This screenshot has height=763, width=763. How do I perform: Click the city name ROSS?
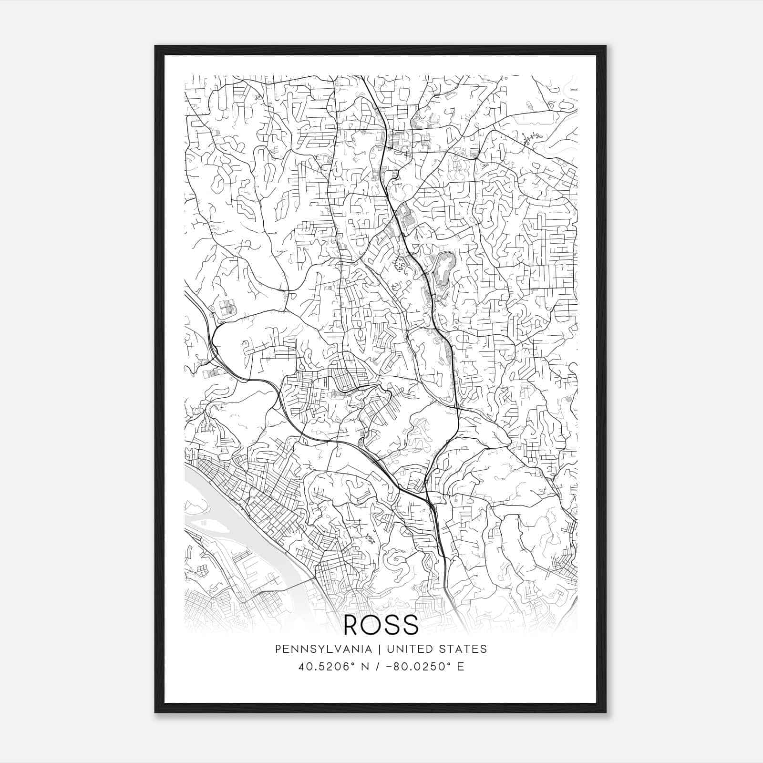pyautogui.click(x=381, y=625)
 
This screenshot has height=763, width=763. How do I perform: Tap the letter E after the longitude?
pyautogui.click(x=461, y=667)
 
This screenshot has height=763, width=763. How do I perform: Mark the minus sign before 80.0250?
pyautogui.click(x=392, y=667)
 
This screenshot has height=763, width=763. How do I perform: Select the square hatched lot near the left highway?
pyautogui.click(x=227, y=307)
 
